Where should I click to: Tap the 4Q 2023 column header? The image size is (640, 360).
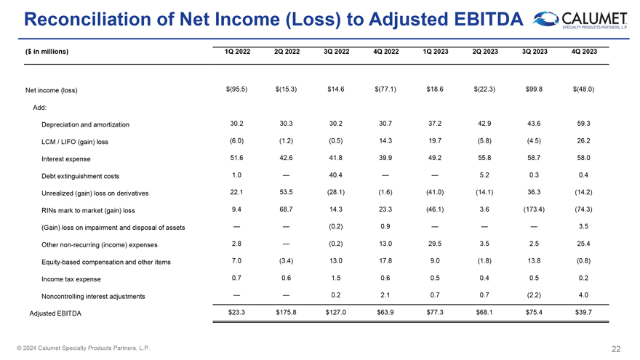coord(583,51)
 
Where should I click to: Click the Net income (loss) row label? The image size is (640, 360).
coord(52,90)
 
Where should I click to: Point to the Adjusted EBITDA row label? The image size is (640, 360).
coord(55,313)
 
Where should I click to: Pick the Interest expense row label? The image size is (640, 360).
coord(68,159)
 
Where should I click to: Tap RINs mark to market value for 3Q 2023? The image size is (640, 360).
coord(535,209)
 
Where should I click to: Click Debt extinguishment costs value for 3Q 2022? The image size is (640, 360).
coord(335,175)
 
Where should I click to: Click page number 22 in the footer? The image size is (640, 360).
coord(616,348)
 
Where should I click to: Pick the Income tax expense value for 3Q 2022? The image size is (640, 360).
coord(335,278)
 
